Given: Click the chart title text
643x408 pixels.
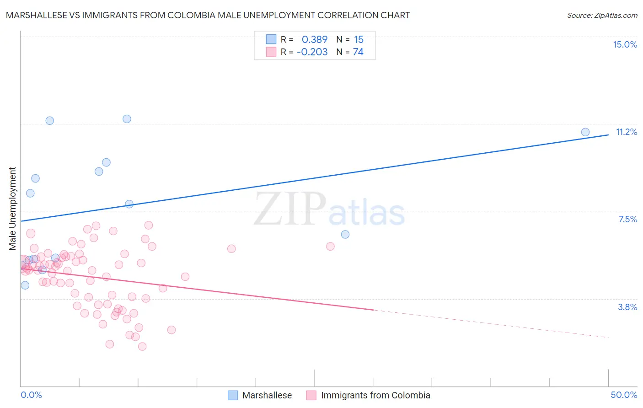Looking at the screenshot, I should (x=208, y=15).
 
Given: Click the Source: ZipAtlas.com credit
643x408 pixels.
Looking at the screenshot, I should (x=602, y=15).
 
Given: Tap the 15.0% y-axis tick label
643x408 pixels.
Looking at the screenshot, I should (x=625, y=44).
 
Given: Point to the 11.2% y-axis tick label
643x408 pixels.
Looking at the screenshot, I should (x=626, y=132).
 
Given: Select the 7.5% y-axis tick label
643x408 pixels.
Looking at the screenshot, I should (x=627, y=219).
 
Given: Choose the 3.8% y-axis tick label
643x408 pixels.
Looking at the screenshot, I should (x=627, y=307).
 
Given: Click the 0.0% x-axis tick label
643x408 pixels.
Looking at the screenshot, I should (x=31, y=395).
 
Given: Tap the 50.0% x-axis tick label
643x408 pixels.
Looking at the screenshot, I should (x=624, y=395).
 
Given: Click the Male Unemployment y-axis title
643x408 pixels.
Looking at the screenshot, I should (x=12, y=209).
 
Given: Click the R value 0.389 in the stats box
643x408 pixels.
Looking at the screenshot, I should (x=315, y=40).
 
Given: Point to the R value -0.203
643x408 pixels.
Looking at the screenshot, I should (x=312, y=52).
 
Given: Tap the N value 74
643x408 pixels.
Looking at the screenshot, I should (x=358, y=52).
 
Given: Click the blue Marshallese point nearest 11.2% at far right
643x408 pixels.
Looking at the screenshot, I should (x=585, y=132).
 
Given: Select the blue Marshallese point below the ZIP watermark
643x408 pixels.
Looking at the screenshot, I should (x=345, y=234).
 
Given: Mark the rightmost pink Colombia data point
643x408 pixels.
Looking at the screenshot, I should (x=330, y=246).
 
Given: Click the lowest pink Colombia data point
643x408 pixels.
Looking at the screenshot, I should (x=142, y=346).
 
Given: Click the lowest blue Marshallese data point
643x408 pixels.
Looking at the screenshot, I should (x=25, y=285).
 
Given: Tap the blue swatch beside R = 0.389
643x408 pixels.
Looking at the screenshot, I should (x=271, y=39).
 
